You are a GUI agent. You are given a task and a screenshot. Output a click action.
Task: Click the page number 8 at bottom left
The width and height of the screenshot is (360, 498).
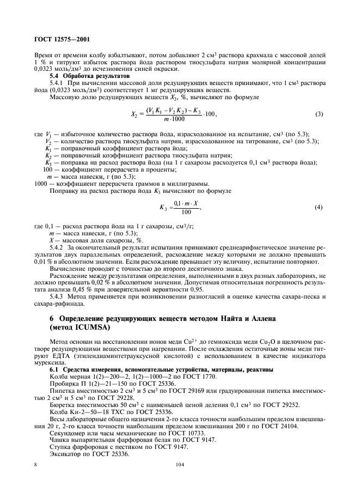35,465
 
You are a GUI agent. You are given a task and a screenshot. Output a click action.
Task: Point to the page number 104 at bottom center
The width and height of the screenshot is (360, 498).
180,465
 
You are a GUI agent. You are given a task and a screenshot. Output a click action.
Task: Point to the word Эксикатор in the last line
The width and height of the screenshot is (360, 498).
65,453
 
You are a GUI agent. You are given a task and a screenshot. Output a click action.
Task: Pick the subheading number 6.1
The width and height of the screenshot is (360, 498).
55,370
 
